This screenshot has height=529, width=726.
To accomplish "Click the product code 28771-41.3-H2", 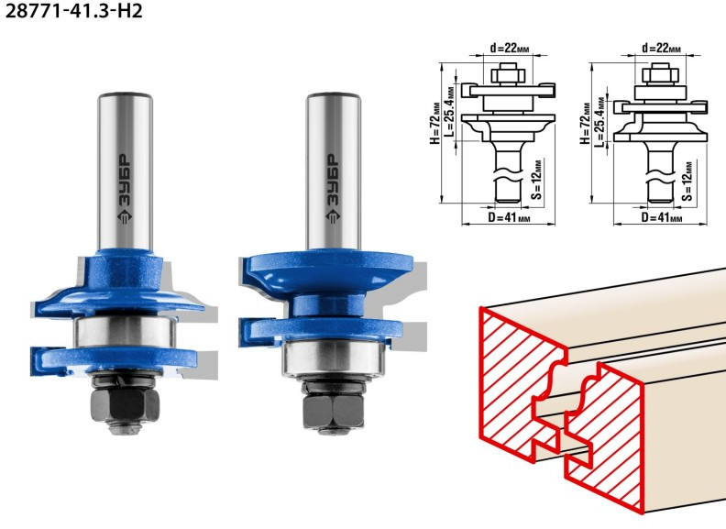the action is [73, 11].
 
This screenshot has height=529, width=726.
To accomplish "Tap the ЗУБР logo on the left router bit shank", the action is [125, 189].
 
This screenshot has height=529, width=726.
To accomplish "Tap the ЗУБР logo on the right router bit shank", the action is [333, 189].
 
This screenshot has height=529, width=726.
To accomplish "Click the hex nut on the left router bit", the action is [125, 404].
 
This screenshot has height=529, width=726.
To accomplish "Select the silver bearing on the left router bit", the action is [125, 332].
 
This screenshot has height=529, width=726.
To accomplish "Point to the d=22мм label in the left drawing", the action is [510, 48].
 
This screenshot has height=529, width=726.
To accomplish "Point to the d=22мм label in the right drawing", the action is [661, 48].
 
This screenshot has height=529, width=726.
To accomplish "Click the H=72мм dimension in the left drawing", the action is [434, 123].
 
